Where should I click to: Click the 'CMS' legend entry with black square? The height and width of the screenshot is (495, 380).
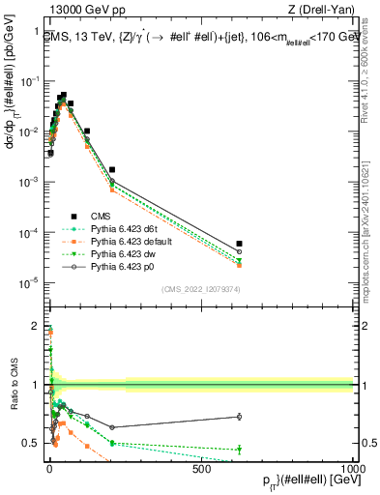(102, 216)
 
